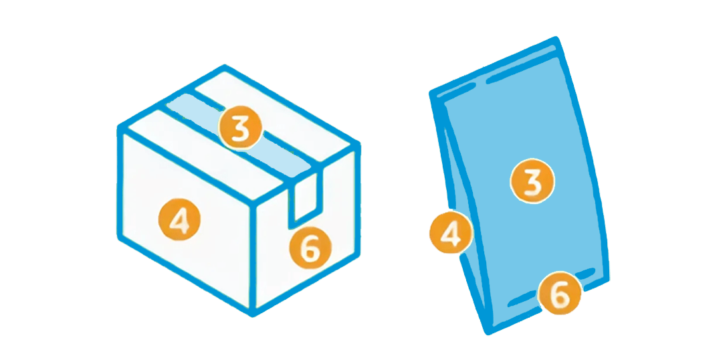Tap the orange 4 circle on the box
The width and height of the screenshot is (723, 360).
click(179, 219)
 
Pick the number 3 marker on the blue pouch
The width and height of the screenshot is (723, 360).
click(532, 181)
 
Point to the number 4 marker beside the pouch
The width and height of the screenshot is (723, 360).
click(451, 232)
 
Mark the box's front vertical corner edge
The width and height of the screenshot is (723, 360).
click(252, 258)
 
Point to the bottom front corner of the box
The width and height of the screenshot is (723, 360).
click(252, 314)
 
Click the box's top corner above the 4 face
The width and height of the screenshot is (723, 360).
click(121, 128)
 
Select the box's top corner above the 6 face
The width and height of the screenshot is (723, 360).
click(357, 144)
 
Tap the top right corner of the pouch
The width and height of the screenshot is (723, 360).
click(557, 39)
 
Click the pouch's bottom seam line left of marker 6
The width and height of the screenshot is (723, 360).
click(523, 298)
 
